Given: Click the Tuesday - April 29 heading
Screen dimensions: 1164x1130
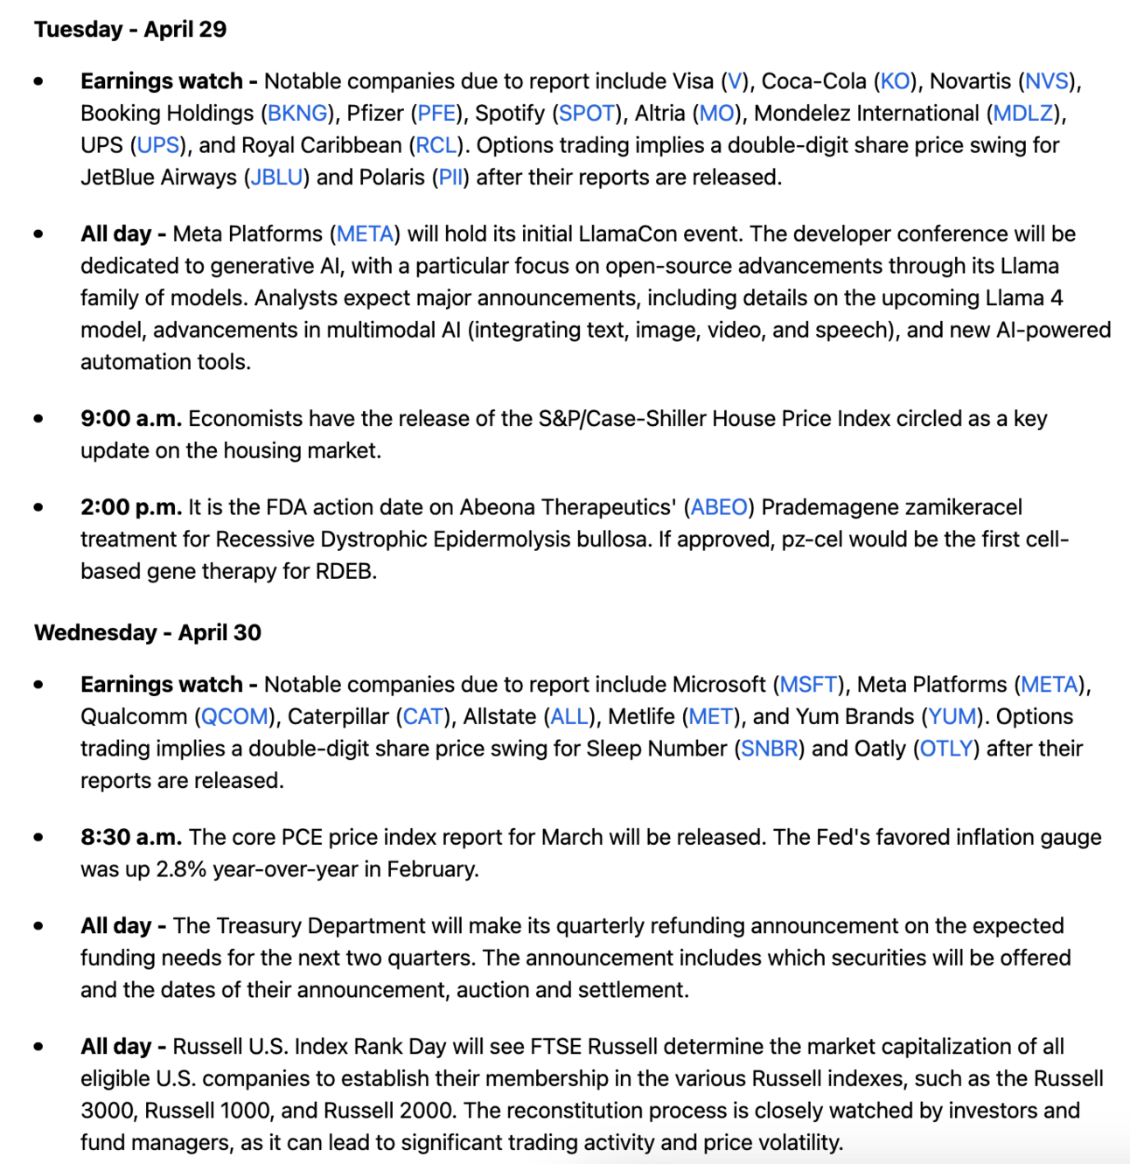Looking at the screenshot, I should click(130, 30).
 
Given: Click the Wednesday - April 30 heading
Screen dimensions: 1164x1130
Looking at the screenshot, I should click(147, 632).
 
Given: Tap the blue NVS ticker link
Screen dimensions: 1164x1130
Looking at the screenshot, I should click(1047, 81).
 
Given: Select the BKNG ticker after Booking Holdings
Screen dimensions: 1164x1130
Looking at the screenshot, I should click(297, 114).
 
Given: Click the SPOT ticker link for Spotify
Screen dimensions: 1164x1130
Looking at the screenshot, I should click(586, 114).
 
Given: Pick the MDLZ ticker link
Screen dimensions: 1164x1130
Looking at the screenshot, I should click(1022, 114).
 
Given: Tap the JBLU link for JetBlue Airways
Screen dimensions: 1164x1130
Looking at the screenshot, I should click(276, 178).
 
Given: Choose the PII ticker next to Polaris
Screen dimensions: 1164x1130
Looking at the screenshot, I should click(450, 178).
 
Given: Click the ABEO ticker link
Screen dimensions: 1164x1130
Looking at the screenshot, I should click(719, 507).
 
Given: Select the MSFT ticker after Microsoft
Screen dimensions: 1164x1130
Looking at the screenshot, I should click(808, 685).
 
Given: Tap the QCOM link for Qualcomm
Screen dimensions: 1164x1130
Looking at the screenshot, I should click(234, 717).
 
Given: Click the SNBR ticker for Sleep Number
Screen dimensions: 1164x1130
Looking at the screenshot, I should click(769, 749).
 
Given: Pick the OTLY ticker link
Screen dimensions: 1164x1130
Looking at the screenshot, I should click(946, 749).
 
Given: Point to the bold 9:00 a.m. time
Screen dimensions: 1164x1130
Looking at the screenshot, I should click(131, 419).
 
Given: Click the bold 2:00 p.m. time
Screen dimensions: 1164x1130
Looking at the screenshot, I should click(131, 507).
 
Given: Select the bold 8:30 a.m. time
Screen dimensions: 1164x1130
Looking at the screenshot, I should click(131, 838).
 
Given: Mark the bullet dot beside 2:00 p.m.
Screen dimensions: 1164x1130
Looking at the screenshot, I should click(38, 507).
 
